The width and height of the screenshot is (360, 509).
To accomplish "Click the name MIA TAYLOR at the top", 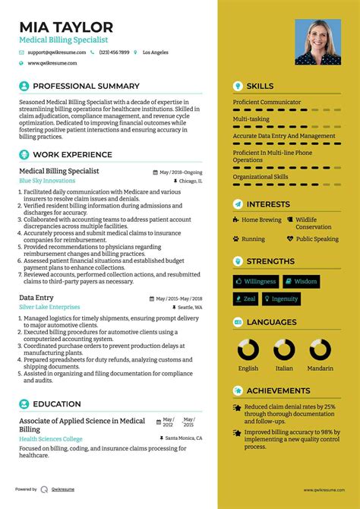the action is click(66, 27).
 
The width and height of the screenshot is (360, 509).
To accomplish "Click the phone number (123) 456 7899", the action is click(113, 52).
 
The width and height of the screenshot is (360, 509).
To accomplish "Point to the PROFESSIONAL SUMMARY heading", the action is click(86, 87).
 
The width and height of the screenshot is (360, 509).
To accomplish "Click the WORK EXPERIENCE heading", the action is click(72, 155).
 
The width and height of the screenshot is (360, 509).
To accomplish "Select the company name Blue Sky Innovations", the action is click(47, 181).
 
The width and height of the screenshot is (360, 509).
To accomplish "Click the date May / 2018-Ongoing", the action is click(181, 172).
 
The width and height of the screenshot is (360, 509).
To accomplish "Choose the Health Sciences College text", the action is click(51, 438).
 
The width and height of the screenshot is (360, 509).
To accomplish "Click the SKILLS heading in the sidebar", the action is click(260, 87).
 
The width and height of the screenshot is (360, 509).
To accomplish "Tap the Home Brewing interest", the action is click(261, 220).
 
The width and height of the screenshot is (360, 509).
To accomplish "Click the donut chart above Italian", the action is click(284, 350).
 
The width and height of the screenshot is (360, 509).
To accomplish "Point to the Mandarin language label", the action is click(320, 368).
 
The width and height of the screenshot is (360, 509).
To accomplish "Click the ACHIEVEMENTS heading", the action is click(277, 391).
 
